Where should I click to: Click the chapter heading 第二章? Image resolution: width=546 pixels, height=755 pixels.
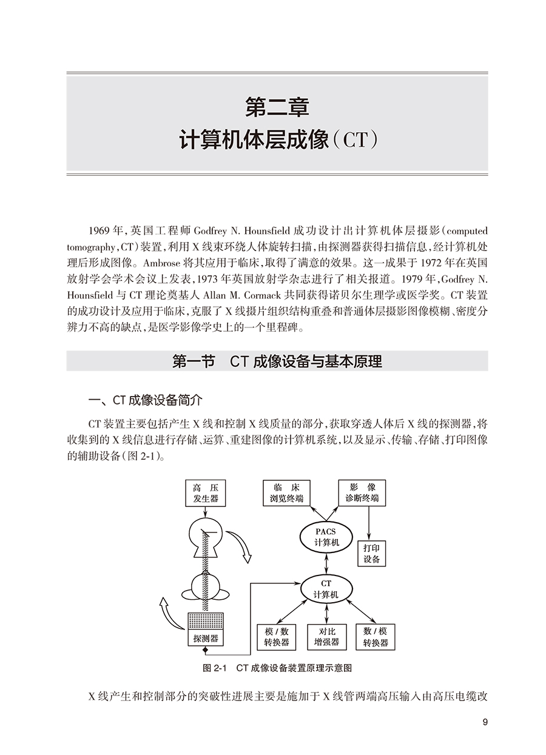tap(277, 107)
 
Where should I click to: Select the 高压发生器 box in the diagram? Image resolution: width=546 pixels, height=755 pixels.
tap(206, 493)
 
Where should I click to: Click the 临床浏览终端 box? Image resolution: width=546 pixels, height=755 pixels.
tap(286, 493)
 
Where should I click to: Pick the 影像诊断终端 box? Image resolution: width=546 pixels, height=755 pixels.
tap(362, 493)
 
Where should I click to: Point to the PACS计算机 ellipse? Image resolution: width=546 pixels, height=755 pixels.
tap(326, 537)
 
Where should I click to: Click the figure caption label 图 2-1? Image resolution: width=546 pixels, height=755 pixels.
tap(215, 668)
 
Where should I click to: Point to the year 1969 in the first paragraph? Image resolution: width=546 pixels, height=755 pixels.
tap(99, 231)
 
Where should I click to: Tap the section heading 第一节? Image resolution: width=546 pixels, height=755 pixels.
tap(194, 361)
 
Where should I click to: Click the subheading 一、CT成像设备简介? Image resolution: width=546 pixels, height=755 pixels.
tap(146, 400)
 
